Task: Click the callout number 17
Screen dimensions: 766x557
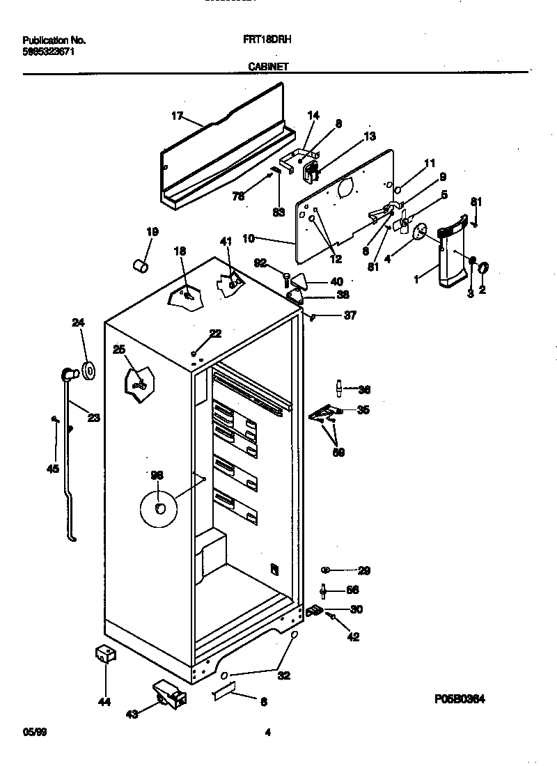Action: pyautogui.click(x=177, y=116)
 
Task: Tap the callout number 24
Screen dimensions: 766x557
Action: pyautogui.click(x=78, y=322)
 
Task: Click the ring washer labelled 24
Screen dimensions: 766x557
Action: pyautogui.click(x=88, y=372)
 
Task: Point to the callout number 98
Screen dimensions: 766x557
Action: pyautogui.click(x=157, y=474)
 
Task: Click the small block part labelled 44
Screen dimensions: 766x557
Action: pyautogui.click(x=105, y=655)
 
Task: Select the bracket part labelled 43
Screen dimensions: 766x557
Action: pyautogui.click(x=170, y=694)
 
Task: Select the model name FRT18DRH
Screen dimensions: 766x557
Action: pyautogui.click(x=271, y=41)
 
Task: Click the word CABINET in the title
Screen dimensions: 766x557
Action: pyautogui.click(x=268, y=67)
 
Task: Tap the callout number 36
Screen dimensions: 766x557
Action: pyautogui.click(x=363, y=390)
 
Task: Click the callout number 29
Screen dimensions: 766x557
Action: pyautogui.click(x=363, y=571)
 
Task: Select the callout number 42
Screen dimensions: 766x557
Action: pyautogui.click(x=354, y=636)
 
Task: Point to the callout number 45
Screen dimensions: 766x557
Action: pyautogui.click(x=52, y=469)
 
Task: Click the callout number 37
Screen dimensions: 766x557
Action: pyautogui.click(x=350, y=315)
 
